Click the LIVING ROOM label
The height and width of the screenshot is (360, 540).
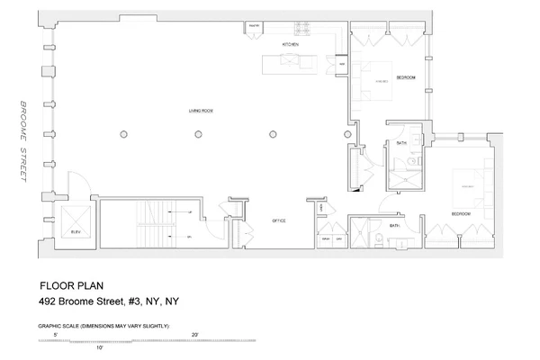[x=200, y=110]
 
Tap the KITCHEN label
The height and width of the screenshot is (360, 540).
[x=291, y=44]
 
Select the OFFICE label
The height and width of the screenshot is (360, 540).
[x=279, y=220]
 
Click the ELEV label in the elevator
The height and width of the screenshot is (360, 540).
[x=76, y=233]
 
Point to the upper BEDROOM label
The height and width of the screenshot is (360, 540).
[x=405, y=78]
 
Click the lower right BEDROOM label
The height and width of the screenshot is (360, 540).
[x=460, y=213]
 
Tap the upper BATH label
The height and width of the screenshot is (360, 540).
[x=401, y=143]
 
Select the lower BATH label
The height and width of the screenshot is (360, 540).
[x=394, y=226]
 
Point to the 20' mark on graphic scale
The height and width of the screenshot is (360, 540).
[x=194, y=335]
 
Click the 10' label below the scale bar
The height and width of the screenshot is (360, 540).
[x=101, y=349]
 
